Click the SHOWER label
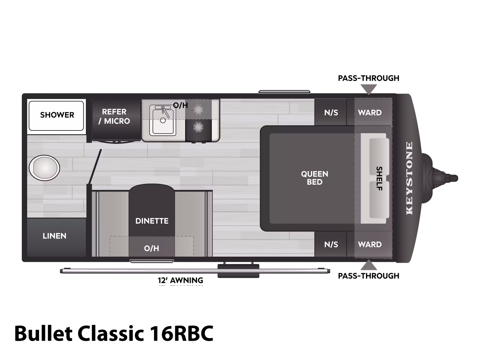coord(57,115)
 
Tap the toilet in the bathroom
coord(44,168)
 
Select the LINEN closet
coord(55,236)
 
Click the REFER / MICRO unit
coord(116,116)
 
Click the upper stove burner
coord(198,110)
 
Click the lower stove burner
coord(198,127)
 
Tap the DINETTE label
coord(152,221)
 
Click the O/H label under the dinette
coord(151,248)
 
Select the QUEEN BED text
coord(314,178)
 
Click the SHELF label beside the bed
coord(379,178)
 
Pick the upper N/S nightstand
coord(331,113)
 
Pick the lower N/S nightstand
coord(331,245)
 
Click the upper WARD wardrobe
coord(370,113)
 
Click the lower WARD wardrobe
coord(370,244)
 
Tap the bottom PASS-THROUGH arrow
coord(369,265)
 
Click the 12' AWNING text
coord(181,280)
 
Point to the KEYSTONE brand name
coord(409,178)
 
